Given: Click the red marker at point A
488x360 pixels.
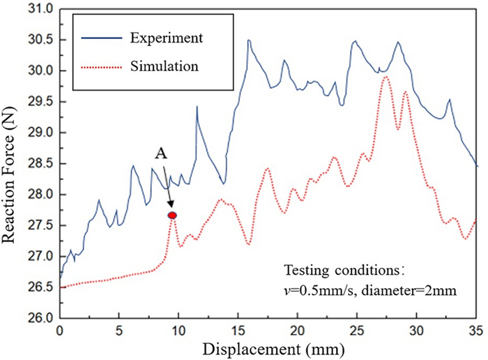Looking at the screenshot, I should coord(172,216).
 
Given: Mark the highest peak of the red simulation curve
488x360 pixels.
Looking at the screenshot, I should coord(386,77).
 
